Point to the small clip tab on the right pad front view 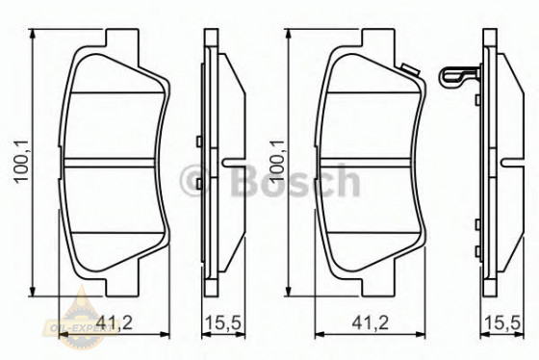click(x=410, y=70)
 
